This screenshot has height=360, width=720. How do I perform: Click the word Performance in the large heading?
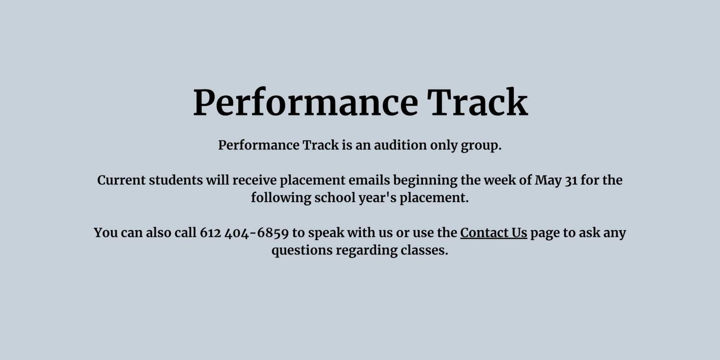[305, 103]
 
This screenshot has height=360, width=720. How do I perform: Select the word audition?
[400, 145]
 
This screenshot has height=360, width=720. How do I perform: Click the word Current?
[121, 180]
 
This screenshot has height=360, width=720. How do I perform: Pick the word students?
[176, 180]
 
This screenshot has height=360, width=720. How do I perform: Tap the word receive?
[254, 180]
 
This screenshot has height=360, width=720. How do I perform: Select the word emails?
[369, 180]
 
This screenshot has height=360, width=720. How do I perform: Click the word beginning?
[425, 181]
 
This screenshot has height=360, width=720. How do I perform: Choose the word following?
[281, 198]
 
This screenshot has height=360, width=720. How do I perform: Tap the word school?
[335, 198]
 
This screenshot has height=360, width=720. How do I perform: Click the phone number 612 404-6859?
[244, 233]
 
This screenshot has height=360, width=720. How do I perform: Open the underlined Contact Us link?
[494, 233]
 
